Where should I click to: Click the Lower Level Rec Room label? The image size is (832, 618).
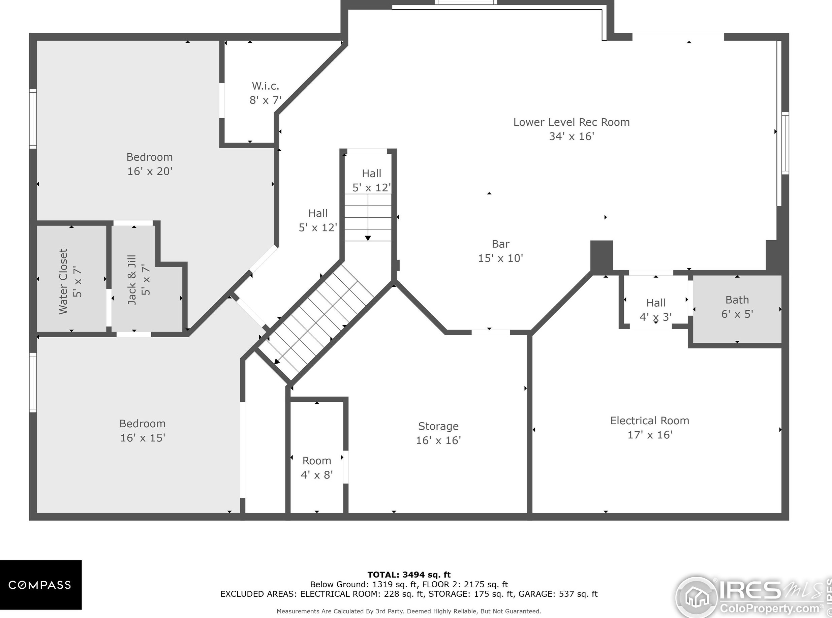(571, 122)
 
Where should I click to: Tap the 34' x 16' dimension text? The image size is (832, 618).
(571, 136)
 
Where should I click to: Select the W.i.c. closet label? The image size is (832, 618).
(265, 86)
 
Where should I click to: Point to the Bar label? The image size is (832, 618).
(500, 244)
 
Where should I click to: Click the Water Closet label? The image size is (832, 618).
(63, 281)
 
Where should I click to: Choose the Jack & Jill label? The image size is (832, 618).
(131, 280)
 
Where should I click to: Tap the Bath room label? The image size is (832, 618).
(737, 300)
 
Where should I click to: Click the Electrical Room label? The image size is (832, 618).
(650, 421)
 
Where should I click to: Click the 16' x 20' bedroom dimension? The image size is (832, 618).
(150, 171)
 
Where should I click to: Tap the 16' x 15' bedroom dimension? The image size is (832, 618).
(143, 438)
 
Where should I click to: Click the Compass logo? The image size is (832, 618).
(40, 585)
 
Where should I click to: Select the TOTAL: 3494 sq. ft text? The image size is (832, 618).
(409, 575)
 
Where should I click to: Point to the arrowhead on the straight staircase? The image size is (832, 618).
(368, 238)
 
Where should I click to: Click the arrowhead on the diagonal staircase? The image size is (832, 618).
(277, 361)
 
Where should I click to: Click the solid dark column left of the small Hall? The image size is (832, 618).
(602, 256)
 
